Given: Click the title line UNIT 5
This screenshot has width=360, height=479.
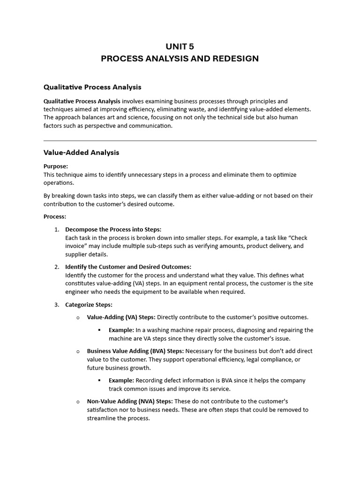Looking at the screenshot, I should (x=180, y=46).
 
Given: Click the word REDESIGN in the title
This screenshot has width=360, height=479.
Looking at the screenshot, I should (x=232, y=59).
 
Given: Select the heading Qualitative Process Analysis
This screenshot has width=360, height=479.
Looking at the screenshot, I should (x=92, y=87).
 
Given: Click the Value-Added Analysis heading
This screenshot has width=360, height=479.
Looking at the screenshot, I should (x=81, y=152).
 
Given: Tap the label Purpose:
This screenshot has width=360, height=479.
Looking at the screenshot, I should (x=56, y=166).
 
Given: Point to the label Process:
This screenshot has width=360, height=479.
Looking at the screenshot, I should (x=55, y=217).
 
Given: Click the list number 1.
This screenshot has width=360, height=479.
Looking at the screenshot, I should (x=56, y=229).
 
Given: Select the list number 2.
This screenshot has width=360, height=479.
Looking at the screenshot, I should (x=56, y=267).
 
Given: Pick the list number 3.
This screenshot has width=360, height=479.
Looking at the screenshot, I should (x=56, y=305).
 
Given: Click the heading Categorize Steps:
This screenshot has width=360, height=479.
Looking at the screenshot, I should (x=89, y=305).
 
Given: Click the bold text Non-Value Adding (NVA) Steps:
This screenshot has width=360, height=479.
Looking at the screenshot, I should (x=130, y=401).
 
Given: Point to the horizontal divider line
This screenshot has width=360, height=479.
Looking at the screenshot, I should (x=180, y=140).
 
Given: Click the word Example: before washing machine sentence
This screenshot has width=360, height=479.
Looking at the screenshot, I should (x=121, y=330).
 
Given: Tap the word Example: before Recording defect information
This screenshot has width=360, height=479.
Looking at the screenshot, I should (x=121, y=380).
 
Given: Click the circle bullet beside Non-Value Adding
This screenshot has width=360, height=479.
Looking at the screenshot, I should (x=78, y=402).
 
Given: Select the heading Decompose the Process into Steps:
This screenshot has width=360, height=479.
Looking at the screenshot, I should (x=113, y=229).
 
